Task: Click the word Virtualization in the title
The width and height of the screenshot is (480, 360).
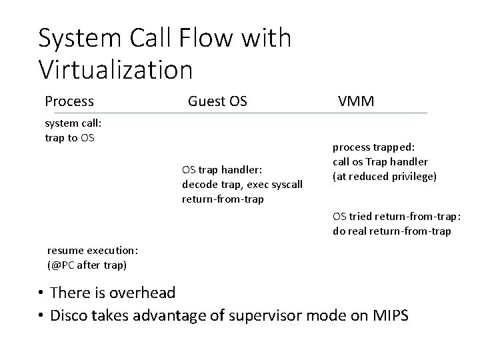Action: click(115, 68)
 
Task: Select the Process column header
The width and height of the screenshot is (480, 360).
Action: click(69, 101)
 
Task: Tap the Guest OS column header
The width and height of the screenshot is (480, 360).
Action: click(217, 101)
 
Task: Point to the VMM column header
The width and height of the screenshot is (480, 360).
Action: click(356, 101)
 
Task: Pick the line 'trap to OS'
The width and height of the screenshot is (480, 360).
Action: click(69, 137)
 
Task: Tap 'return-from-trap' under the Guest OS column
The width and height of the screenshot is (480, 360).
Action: click(222, 198)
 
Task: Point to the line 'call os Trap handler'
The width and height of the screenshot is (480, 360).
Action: click(380, 162)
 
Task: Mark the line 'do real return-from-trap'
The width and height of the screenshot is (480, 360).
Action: click(391, 231)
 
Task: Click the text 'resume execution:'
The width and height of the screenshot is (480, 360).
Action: click(93, 251)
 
